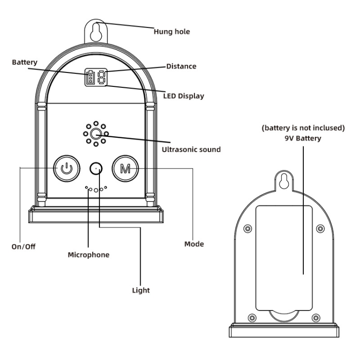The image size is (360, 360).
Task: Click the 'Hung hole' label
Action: click(x=172, y=32)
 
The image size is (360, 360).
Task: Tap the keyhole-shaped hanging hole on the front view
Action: click(x=96, y=29)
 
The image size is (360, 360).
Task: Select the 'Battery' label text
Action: click(x=24, y=62)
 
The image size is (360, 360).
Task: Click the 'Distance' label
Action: click(x=181, y=66)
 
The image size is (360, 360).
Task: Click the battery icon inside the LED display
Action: click(x=91, y=77)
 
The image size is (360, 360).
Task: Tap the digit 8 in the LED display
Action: click(x=101, y=77)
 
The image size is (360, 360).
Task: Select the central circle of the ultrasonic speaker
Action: click(x=96, y=134)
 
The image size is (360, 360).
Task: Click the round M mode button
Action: click(x=125, y=168)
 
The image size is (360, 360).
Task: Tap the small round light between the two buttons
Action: click(x=96, y=168)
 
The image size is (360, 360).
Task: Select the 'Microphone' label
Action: click(x=88, y=255)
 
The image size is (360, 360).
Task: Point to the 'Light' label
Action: click(x=141, y=290)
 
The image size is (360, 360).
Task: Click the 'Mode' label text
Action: click(x=194, y=244)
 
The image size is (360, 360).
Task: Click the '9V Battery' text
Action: click(x=303, y=138)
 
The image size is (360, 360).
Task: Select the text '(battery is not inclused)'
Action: click(x=303, y=129)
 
